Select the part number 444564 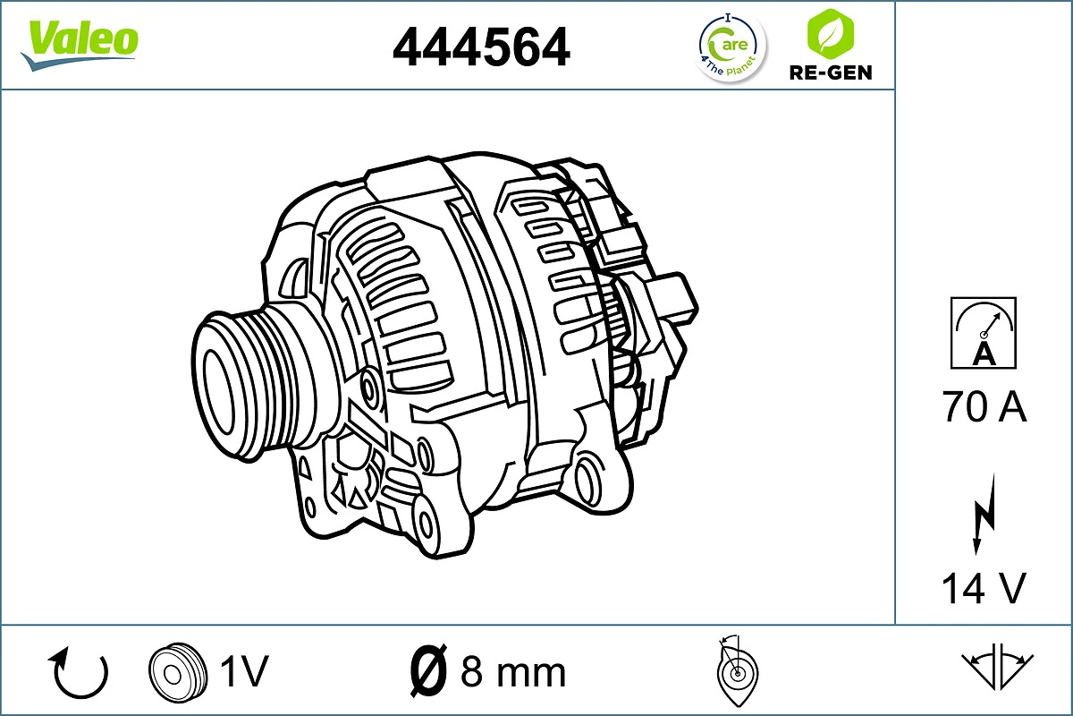pos(481,46)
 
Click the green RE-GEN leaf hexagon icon pos(829,33)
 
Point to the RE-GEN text pos(831,72)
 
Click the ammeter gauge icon pos(984,332)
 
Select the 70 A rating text pos(984,407)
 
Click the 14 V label pos(984,588)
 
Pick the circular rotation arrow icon pos(80,672)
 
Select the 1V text pos(243,671)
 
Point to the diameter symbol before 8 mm pos(427,671)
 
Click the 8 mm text pos(513,671)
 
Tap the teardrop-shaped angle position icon pos(737,671)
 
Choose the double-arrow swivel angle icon pos(997,667)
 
